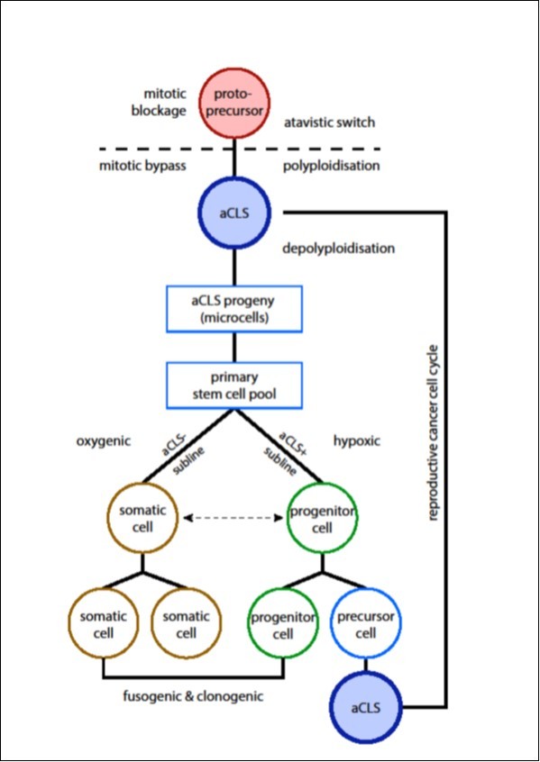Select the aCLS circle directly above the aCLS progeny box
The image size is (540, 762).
234,214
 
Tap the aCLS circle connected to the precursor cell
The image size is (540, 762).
366,709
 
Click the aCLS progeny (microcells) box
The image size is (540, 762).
234,308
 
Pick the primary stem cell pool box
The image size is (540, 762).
234,385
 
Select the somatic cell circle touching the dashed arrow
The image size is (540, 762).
140,518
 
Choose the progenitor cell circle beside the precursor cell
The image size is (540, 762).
283,622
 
